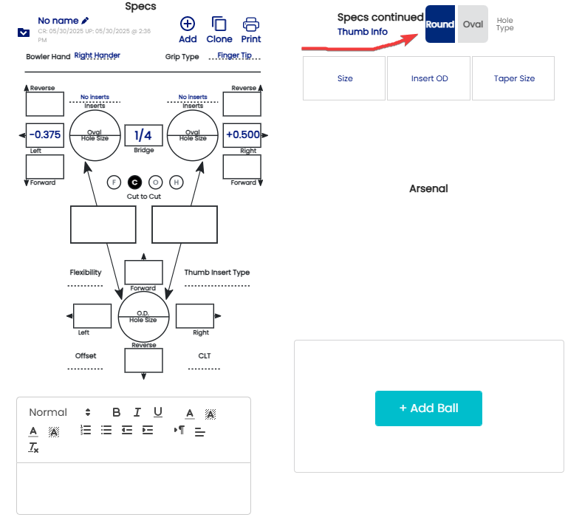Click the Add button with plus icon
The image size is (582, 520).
(188, 30)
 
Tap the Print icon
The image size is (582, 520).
(250, 30)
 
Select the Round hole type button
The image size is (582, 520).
(440, 24)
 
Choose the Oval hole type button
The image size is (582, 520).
(473, 24)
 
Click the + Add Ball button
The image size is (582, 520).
(428, 408)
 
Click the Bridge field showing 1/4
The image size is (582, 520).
(143, 135)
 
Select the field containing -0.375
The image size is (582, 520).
(45, 134)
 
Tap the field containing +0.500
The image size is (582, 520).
(242, 134)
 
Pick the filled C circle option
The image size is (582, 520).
(134, 182)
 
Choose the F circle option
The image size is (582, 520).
(113, 182)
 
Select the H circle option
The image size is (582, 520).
(177, 182)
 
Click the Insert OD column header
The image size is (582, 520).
(429, 78)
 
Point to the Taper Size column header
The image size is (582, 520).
(514, 78)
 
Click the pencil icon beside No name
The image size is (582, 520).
(85, 21)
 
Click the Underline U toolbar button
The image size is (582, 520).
(158, 412)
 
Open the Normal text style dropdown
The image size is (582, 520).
(59, 412)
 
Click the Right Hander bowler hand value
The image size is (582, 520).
(97, 55)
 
